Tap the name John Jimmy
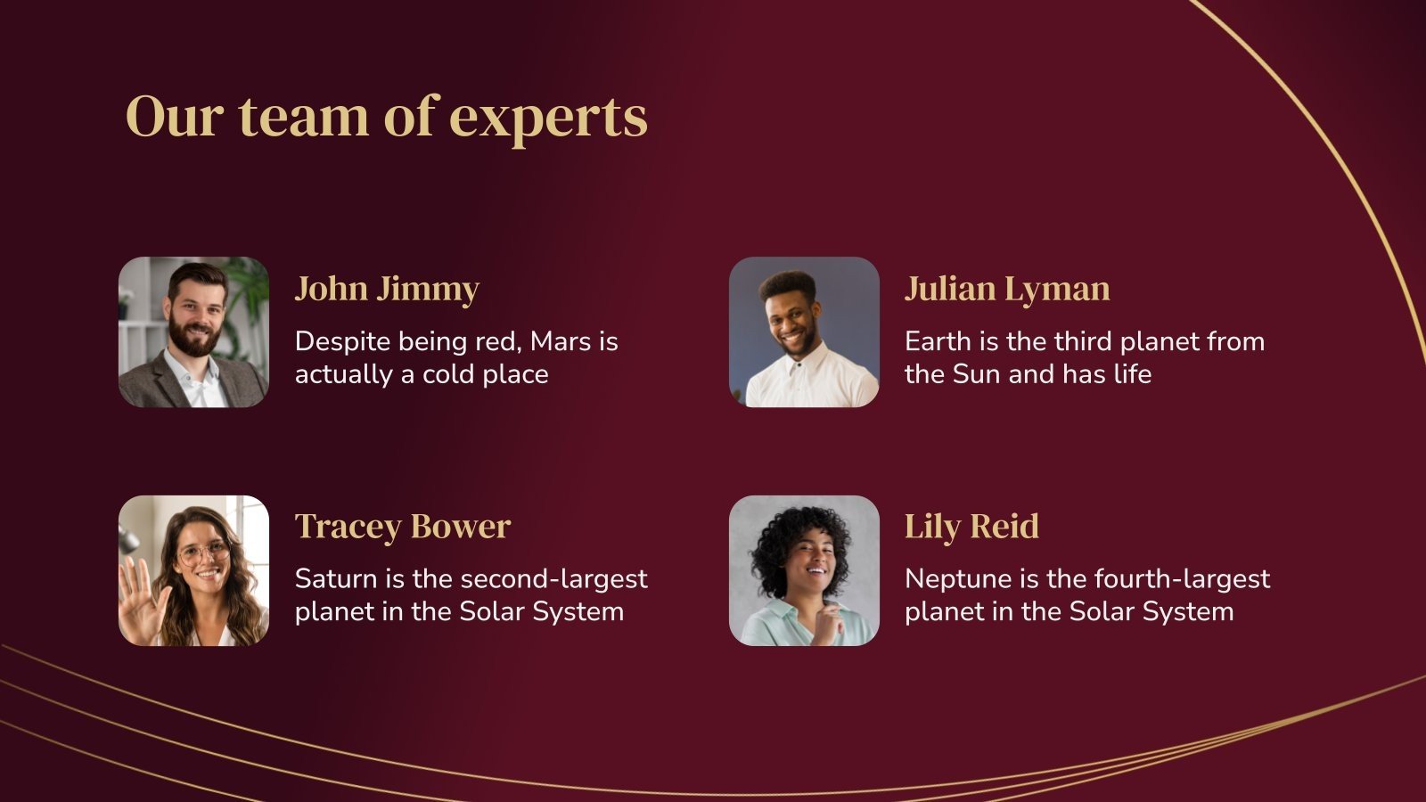[x=387, y=289]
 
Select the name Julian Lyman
[x=1007, y=289]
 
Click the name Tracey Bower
[x=402, y=527]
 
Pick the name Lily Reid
[x=971, y=527]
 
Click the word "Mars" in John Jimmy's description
[x=561, y=341]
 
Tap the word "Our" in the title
[x=173, y=118]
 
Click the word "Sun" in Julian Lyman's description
[x=977, y=374]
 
